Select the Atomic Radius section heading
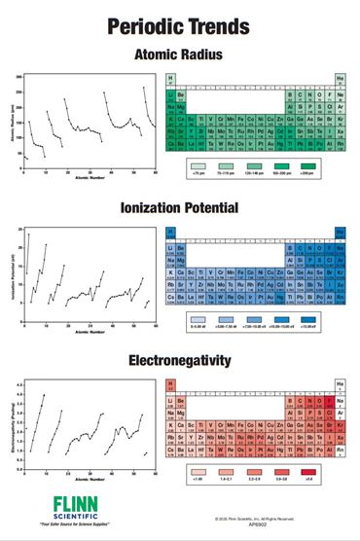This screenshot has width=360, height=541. (179, 54)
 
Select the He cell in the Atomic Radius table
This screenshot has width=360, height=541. (341, 80)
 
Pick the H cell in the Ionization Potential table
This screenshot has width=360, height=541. (170, 233)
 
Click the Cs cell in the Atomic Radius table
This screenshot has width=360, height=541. (170, 144)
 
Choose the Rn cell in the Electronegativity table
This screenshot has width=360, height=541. (341, 451)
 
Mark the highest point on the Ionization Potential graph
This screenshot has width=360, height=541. (29, 234)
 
